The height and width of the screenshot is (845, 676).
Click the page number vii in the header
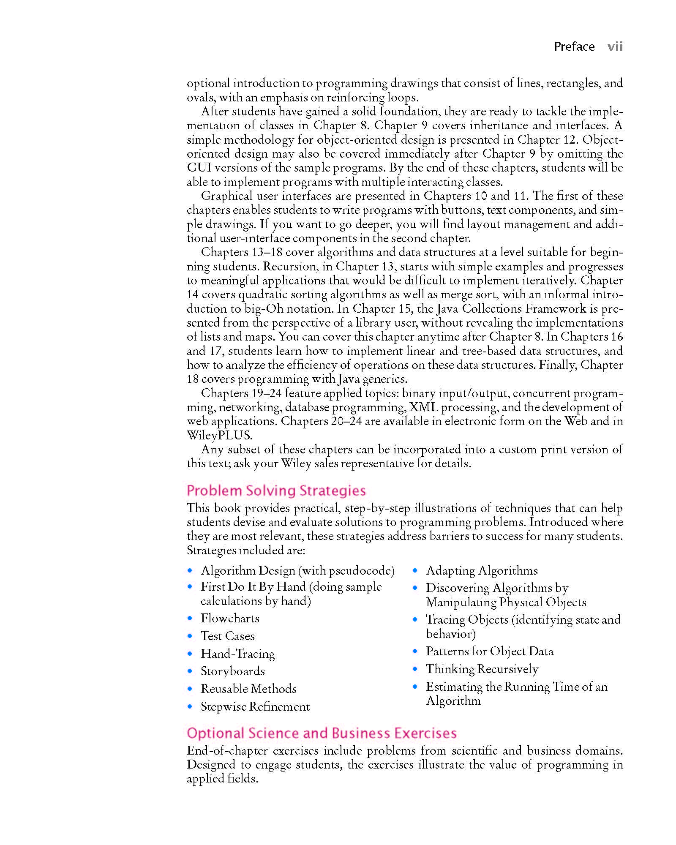615,46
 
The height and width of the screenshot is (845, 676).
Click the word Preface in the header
574,46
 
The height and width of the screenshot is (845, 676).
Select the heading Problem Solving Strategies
276,491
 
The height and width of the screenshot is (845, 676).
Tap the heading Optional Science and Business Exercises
322,733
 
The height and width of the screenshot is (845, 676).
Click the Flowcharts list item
230,619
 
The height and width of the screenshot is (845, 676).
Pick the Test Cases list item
228,636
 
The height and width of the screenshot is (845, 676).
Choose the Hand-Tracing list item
237,654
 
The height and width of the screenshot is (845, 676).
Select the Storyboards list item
233,671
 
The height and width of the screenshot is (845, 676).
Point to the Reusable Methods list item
248,689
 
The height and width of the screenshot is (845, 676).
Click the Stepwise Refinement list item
255,707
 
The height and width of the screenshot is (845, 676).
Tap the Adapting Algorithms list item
482,571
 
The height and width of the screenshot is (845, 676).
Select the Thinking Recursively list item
482,669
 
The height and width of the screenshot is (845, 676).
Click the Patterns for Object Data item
490,651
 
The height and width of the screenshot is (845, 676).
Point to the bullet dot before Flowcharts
190,619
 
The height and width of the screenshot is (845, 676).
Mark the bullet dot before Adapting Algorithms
415,571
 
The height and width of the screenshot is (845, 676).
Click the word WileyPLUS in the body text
219,435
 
